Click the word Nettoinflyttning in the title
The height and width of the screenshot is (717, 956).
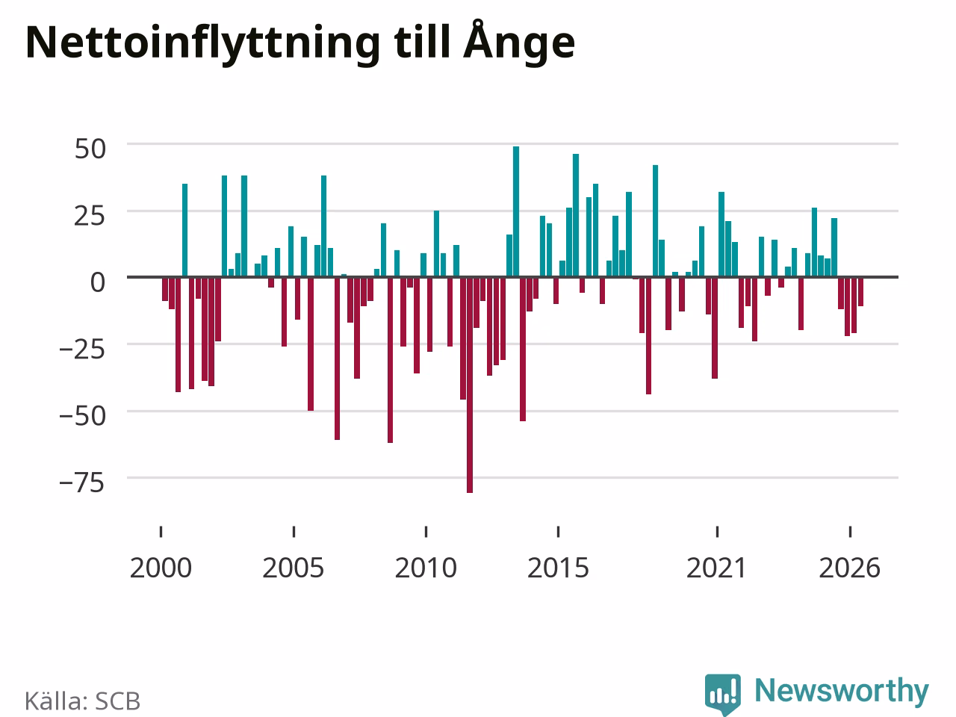tap(202, 44)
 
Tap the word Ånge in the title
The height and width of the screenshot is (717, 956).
tap(519, 41)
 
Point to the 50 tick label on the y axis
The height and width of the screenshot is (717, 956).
tap(90, 149)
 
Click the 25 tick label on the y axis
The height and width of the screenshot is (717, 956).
tap(90, 216)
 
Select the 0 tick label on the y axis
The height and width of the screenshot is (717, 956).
tap(98, 282)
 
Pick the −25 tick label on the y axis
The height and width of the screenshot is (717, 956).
tap(82, 350)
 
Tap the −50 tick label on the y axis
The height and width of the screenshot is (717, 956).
tap(82, 416)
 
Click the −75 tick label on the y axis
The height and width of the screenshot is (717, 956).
tap(82, 483)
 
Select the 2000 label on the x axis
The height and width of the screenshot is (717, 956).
tap(161, 568)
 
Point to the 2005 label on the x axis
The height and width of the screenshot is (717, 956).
tap(293, 568)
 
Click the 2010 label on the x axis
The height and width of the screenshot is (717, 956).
tap(426, 568)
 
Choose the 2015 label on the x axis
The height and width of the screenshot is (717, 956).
tap(558, 568)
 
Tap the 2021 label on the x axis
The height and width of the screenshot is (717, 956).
tap(717, 568)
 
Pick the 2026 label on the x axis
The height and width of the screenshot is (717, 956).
tap(850, 568)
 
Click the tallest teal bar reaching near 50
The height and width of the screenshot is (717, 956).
tap(516, 211)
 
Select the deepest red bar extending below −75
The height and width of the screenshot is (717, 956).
tap(470, 385)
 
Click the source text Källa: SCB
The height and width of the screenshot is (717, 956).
tap(82, 701)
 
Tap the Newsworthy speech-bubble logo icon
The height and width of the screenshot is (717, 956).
tap(722, 694)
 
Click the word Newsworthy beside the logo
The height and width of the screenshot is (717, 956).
tap(842, 690)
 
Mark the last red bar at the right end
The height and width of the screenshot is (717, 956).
tap(860, 292)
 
